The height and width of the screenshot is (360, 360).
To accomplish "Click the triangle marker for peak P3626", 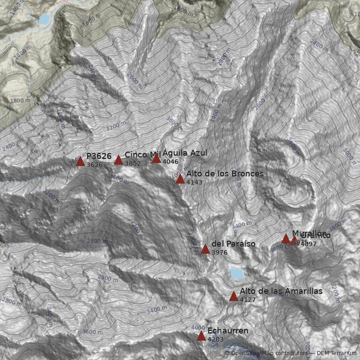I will point(81,162).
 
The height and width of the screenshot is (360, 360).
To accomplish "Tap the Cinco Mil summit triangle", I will point(118,160).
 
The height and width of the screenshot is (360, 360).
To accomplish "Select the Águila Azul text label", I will point(185,153).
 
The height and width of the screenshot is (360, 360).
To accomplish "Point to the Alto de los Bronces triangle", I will point(180,179).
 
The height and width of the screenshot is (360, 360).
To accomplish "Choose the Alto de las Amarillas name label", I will point(281,291).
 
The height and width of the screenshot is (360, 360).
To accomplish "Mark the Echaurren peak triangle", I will point(201,336).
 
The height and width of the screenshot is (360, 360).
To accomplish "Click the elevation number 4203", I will point(216,339).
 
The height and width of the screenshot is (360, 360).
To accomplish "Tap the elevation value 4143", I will point(194,182).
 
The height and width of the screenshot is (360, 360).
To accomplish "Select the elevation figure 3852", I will point(133,164).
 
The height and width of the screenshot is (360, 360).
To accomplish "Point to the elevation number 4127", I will point(247,300).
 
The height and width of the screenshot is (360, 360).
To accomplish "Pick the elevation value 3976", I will point(219,252).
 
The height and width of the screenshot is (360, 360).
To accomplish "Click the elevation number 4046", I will point(171,162).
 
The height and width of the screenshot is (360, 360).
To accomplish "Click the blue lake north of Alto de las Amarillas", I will point(236,273).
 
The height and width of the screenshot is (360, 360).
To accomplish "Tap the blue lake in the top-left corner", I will point(44,19).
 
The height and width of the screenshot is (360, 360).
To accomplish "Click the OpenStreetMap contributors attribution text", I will point(265,353).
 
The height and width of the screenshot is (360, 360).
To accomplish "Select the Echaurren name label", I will point(228,331).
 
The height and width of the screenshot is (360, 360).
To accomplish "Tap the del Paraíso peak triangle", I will point(205,249).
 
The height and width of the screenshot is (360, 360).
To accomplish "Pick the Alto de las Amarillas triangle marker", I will point(234,297).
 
